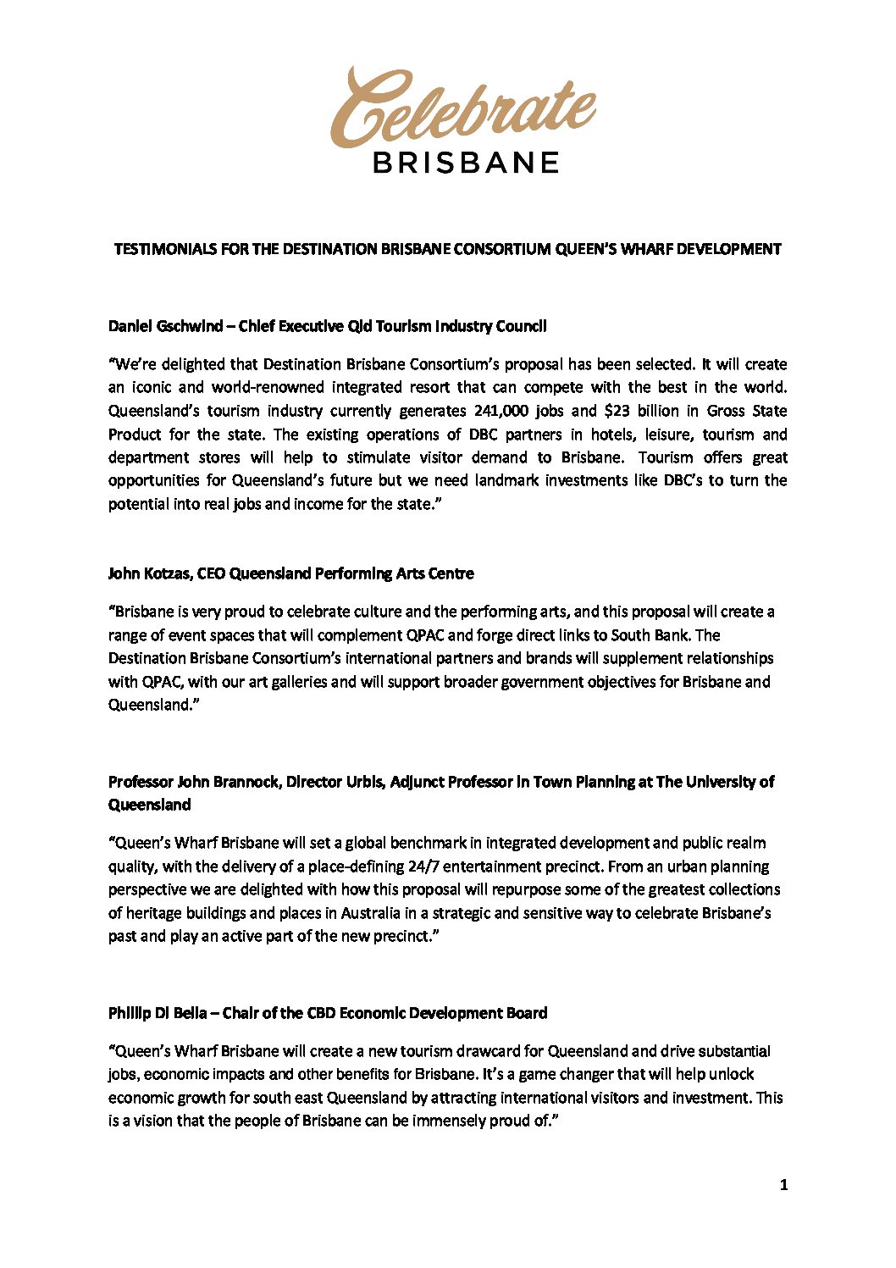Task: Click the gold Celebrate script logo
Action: (462, 108)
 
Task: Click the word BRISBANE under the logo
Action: (465, 163)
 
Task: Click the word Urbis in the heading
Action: (363, 782)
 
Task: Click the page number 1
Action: (783, 1185)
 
